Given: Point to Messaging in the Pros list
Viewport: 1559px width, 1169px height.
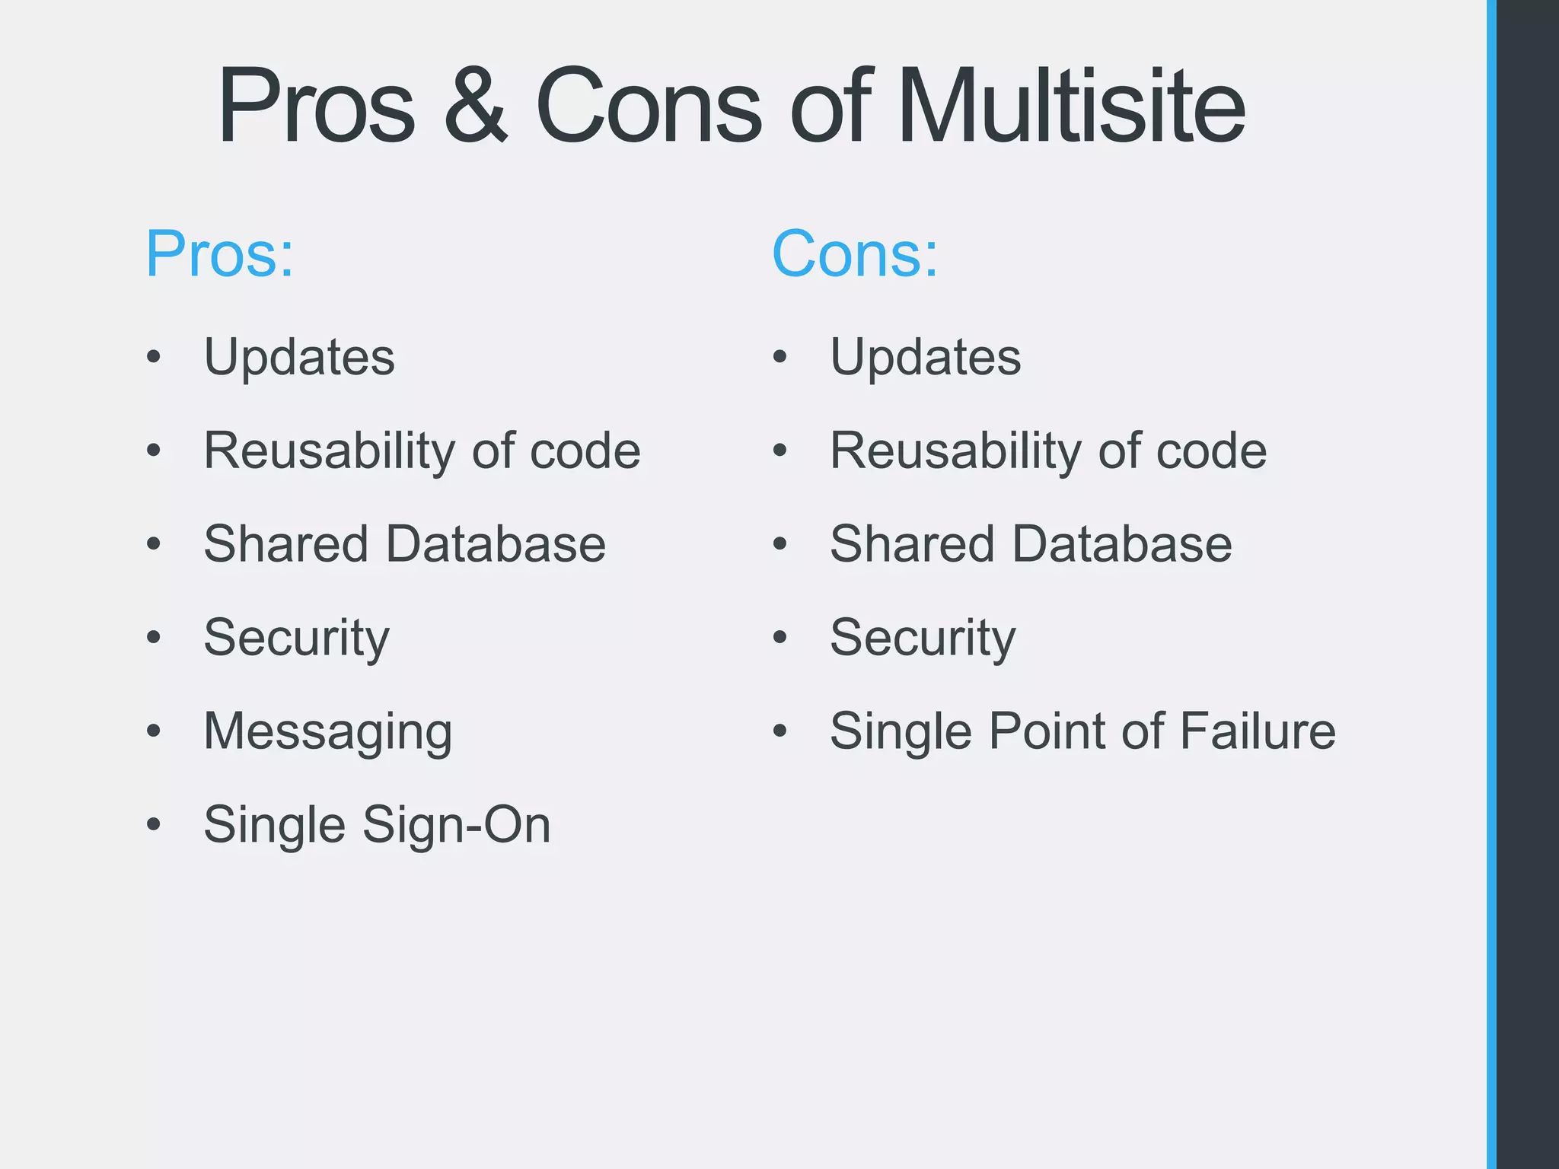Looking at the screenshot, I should [x=327, y=731].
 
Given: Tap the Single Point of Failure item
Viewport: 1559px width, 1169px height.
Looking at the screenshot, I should [x=1082, y=731].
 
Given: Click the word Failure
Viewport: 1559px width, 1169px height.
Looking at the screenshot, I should [x=1258, y=731].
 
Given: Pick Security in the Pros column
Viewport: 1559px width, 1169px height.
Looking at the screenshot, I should [x=296, y=638].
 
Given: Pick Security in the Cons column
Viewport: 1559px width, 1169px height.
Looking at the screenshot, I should [x=923, y=638].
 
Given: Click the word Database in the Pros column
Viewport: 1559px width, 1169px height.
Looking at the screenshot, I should [x=496, y=544].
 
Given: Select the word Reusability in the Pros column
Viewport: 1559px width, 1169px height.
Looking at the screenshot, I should [x=329, y=451].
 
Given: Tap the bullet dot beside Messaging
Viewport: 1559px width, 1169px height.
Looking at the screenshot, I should [x=154, y=731].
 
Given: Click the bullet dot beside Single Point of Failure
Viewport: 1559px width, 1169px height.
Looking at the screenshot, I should [x=779, y=731].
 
